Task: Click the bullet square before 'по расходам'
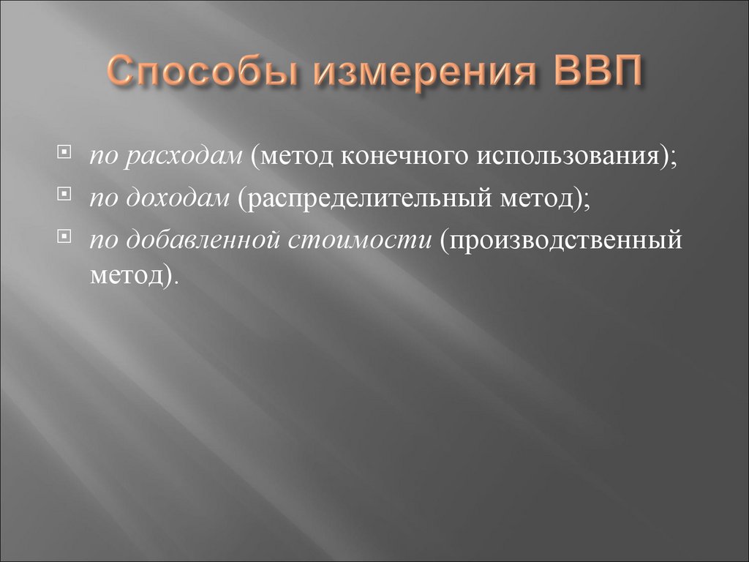66,154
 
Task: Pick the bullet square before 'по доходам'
66,195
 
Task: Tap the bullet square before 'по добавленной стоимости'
66,236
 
